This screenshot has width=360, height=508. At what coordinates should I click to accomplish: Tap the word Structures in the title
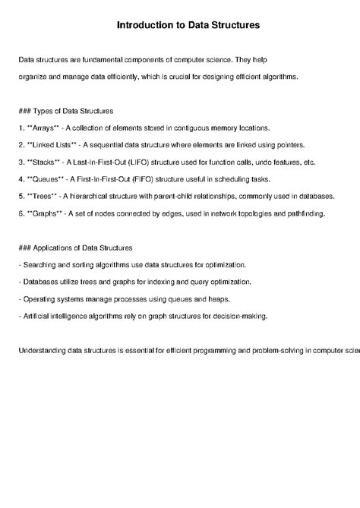click(235, 25)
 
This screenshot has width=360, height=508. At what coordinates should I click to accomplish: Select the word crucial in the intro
click(197, 77)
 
